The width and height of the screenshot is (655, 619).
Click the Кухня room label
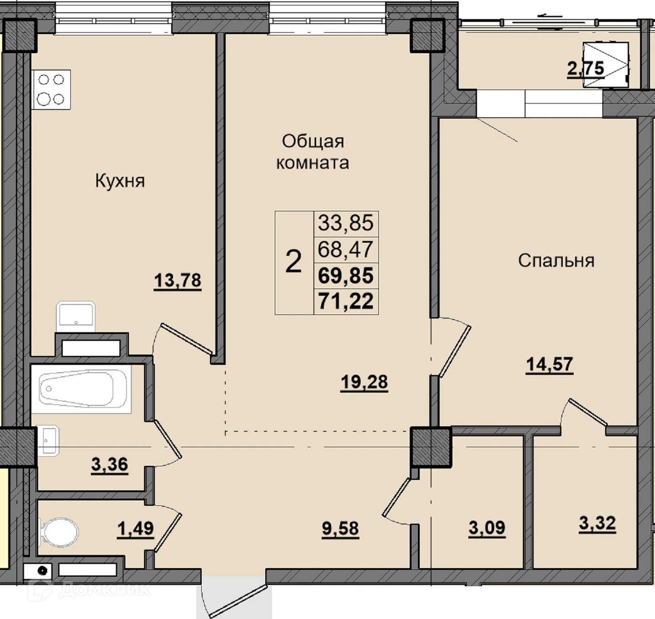pyautogui.click(x=120, y=181)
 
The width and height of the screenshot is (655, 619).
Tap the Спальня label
pyautogui.click(x=556, y=260)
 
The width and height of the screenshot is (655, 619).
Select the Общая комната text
pyautogui.click(x=313, y=152)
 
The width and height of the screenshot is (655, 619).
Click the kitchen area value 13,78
pyautogui.click(x=178, y=280)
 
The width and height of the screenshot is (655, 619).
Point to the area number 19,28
pyautogui.click(x=364, y=382)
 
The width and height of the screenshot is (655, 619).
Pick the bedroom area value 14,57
pyautogui.click(x=550, y=364)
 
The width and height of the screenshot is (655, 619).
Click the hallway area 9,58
pyautogui.click(x=340, y=529)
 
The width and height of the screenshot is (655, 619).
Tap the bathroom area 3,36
pyautogui.click(x=109, y=464)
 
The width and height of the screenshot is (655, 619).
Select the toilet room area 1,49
pyautogui.click(x=135, y=529)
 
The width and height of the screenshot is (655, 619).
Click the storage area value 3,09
pyautogui.click(x=487, y=528)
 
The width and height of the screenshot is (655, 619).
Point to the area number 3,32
pyautogui.click(x=597, y=523)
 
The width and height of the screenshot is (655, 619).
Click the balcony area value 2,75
pyautogui.click(x=586, y=69)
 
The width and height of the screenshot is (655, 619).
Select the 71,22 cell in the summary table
pyautogui.click(x=346, y=301)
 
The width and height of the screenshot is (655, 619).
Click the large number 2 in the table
pyautogui.click(x=293, y=261)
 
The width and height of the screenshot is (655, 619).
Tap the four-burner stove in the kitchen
pyautogui.click(x=51, y=90)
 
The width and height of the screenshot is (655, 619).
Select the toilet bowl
pyautogui.click(x=60, y=533)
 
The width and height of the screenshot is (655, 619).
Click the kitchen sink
pyautogui.click(x=76, y=316)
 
